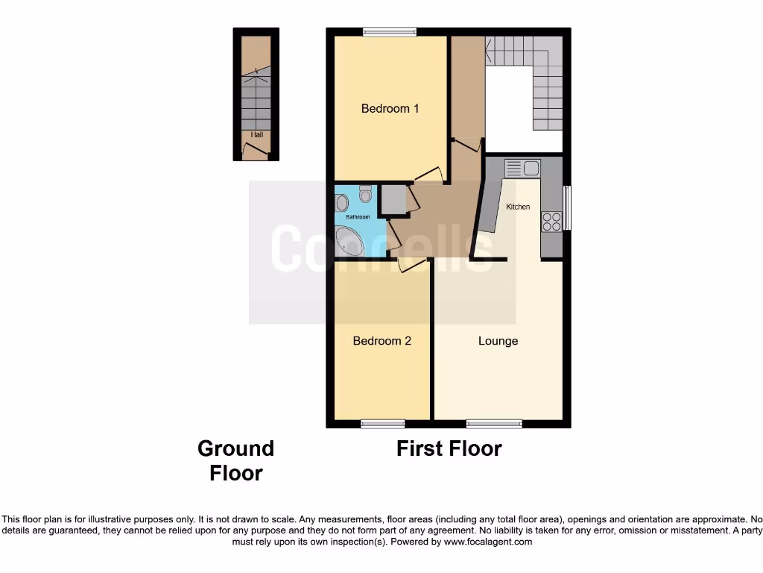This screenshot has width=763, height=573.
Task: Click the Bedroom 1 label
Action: coord(390,109)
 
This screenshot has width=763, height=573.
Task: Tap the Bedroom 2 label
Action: coord(381,341)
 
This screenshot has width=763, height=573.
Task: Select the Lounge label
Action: coord(498,341)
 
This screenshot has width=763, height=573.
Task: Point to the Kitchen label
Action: coord(518,207)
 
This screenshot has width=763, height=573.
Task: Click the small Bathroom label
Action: coord(357,217)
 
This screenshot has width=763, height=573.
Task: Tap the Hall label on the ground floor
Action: coord(256,135)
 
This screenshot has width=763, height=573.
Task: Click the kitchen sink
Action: coord(522,168)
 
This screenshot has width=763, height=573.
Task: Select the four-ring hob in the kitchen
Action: coord(551,221)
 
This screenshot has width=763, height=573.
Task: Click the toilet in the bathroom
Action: coord(364,194)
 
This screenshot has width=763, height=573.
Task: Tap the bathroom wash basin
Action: coord(341,202)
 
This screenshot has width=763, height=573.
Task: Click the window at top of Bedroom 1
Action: coord(390,31)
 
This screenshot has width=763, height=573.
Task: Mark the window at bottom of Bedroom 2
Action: coord(382,424)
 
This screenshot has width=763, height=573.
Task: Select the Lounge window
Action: coord(494,424)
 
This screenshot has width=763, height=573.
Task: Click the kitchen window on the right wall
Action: coord(567,207)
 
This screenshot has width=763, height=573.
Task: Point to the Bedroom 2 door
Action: coord(411,263)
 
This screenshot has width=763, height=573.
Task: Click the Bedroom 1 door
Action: coord(428,176)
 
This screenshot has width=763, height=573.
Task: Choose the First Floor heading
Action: coord(449,448)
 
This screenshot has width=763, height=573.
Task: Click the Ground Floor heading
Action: coord(235,460)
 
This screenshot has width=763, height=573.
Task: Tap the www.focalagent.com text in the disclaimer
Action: coord(487,542)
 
